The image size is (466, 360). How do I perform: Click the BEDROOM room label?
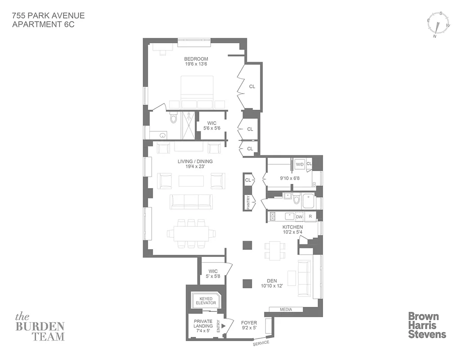(x=196, y=59)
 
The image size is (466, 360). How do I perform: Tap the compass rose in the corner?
(x=437, y=25)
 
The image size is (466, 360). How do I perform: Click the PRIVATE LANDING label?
(x=203, y=324)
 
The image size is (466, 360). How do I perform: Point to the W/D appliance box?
(x=299, y=165)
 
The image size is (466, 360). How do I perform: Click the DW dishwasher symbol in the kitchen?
(x=299, y=217)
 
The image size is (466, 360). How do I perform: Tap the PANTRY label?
(x=248, y=202)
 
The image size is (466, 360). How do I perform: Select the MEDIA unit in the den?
(x=286, y=310)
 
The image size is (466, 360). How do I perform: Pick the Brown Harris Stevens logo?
(x=426, y=325)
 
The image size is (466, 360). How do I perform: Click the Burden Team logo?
(x=40, y=326)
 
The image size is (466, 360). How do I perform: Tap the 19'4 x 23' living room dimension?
(x=195, y=167)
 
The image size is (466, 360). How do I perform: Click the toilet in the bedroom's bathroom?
(x=174, y=118)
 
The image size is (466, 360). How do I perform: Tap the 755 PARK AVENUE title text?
(x=49, y=16)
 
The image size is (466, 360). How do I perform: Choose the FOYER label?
(x=249, y=322)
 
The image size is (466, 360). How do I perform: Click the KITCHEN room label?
(x=292, y=227)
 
